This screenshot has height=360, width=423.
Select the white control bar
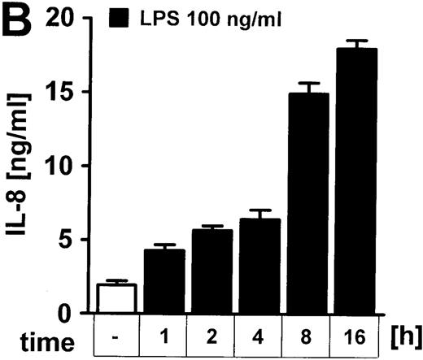(x=116, y=297)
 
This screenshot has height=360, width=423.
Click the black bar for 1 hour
(x=164, y=280)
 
